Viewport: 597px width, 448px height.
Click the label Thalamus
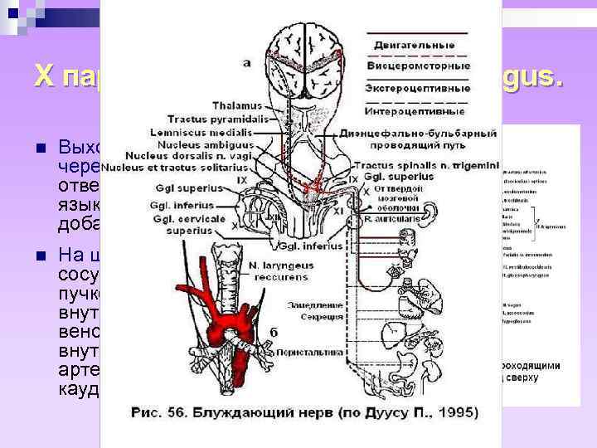point(236,105)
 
